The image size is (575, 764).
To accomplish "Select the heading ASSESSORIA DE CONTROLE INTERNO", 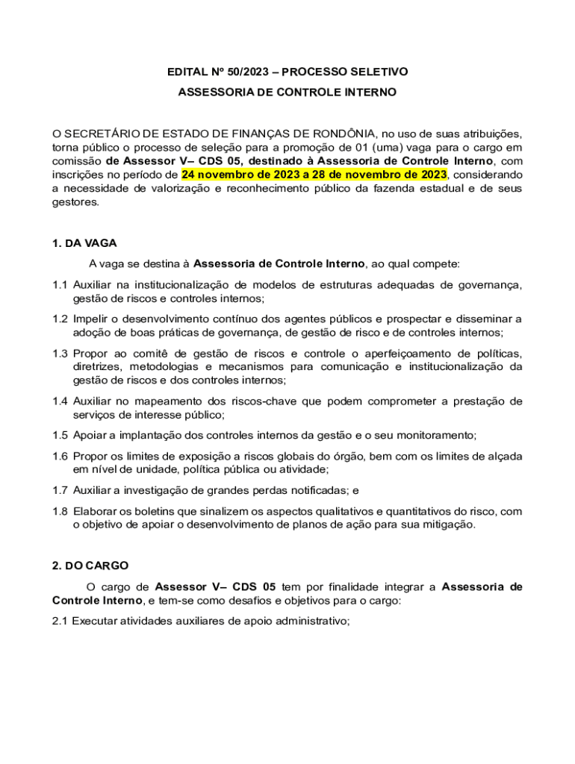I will click(x=287, y=93).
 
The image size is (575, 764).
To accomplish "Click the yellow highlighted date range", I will click(x=314, y=175).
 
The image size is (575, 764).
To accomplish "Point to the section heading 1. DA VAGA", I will click(x=84, y=243).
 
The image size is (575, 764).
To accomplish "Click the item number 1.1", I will click(x=60, y=285).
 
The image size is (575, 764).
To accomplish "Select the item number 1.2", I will click(x=60, y=319).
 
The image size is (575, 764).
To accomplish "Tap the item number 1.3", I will click(x=60, y=353).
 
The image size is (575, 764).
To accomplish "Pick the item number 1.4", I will click(x=60, y=401).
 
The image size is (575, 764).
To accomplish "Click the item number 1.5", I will click(x=60, y=435).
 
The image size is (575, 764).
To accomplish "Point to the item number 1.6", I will click(x=60, y=456).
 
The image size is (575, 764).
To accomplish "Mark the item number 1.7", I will click(x=60, y=490).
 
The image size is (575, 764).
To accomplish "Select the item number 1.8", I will click(x=60, y=511).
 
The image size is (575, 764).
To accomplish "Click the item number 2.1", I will click(x=60, y=620).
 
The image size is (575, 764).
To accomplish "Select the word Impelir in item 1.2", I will click(x=90, y=319).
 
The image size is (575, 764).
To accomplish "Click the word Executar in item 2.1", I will click(x=94, y=620).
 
